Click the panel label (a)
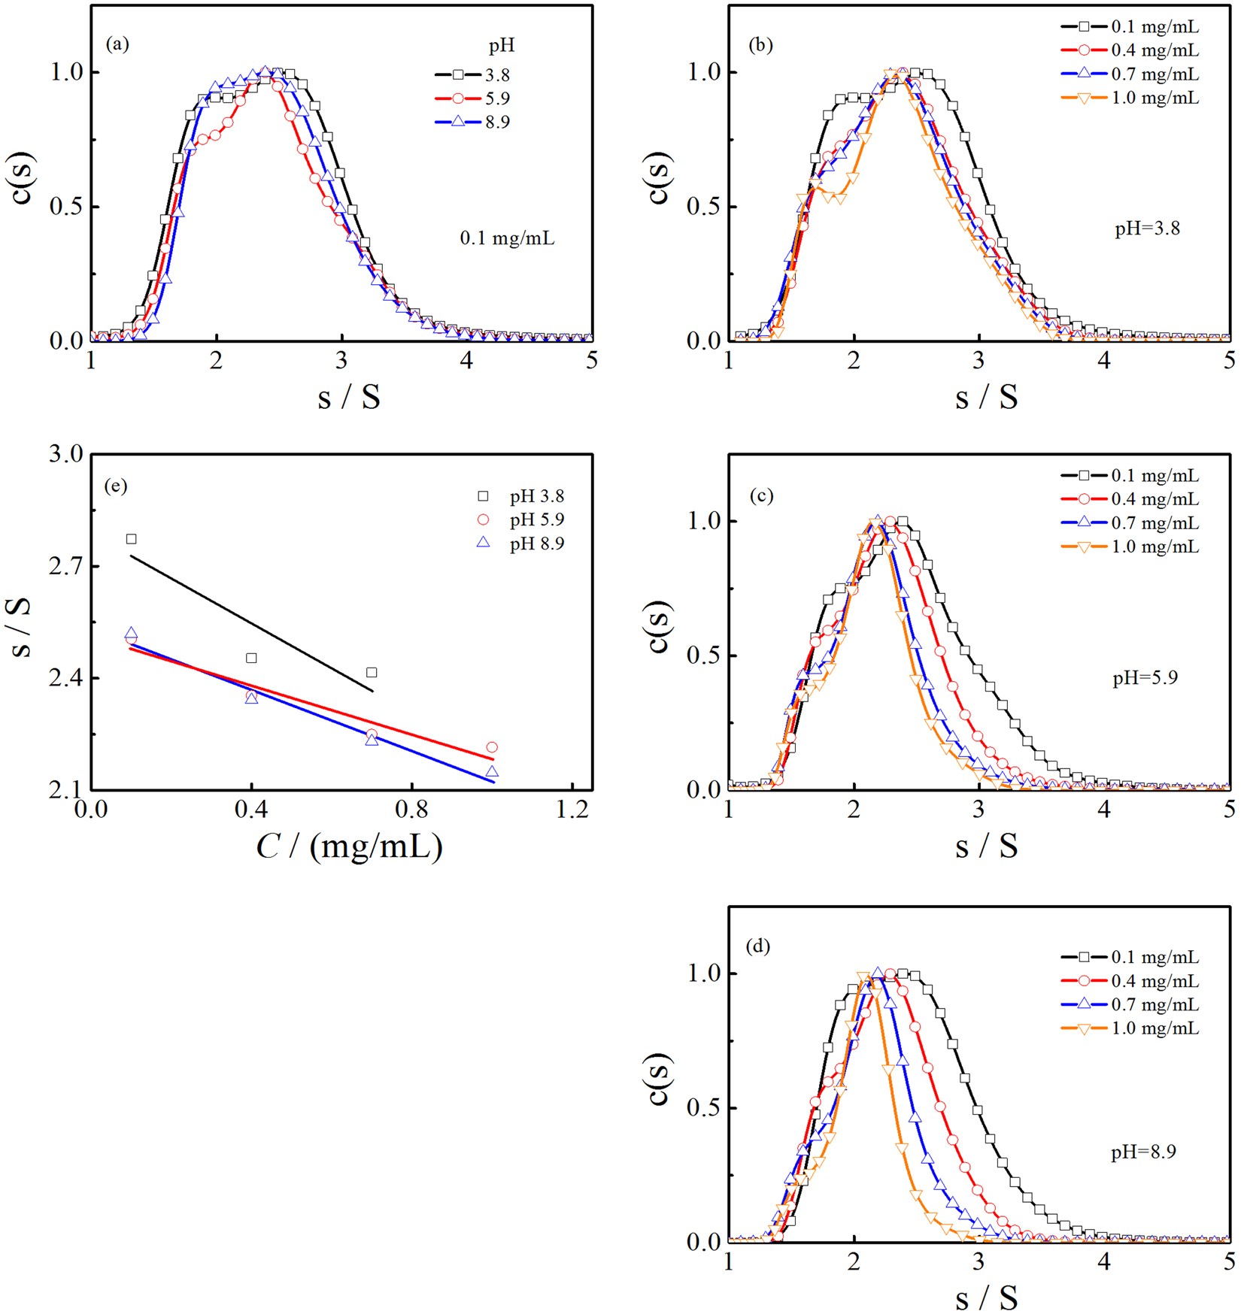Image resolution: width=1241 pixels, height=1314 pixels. (x=117, y=44)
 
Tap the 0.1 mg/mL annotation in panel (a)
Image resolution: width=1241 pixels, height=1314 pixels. (x=507, y=239)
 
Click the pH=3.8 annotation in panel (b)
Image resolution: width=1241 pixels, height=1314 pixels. (x=1147, y=229)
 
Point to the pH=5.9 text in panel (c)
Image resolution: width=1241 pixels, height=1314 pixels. (x=1145, y=678)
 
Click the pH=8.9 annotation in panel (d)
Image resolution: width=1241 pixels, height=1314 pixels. (x=1143, y=1152)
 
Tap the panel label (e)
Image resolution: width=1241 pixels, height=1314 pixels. (x=116, y=486)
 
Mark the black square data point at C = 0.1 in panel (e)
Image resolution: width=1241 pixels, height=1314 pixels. (x=132, y=539)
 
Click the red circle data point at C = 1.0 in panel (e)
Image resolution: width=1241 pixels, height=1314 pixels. (x=492, y=747)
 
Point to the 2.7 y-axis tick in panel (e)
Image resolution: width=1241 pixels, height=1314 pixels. (x=65, y=566)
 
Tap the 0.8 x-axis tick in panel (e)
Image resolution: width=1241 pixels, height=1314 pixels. (x=411, y=810)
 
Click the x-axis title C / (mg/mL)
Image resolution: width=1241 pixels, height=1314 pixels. (x=349, y=847)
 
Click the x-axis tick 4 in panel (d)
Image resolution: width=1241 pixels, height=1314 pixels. (x=1103, y=1261)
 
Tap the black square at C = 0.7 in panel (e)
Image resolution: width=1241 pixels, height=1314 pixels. (x=372, y=673)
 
